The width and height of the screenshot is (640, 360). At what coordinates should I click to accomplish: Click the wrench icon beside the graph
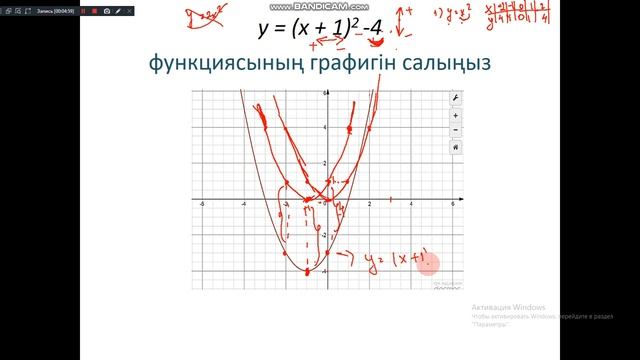tap(456, 98)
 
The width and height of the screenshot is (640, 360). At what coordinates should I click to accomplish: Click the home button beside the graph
tap(456, 146)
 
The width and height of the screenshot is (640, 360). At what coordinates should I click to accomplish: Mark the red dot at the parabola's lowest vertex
tap(308, 271)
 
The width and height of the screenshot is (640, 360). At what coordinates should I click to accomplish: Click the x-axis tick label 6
tap(453, 204)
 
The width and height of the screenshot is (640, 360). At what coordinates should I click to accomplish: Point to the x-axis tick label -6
tap(203, 204)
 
